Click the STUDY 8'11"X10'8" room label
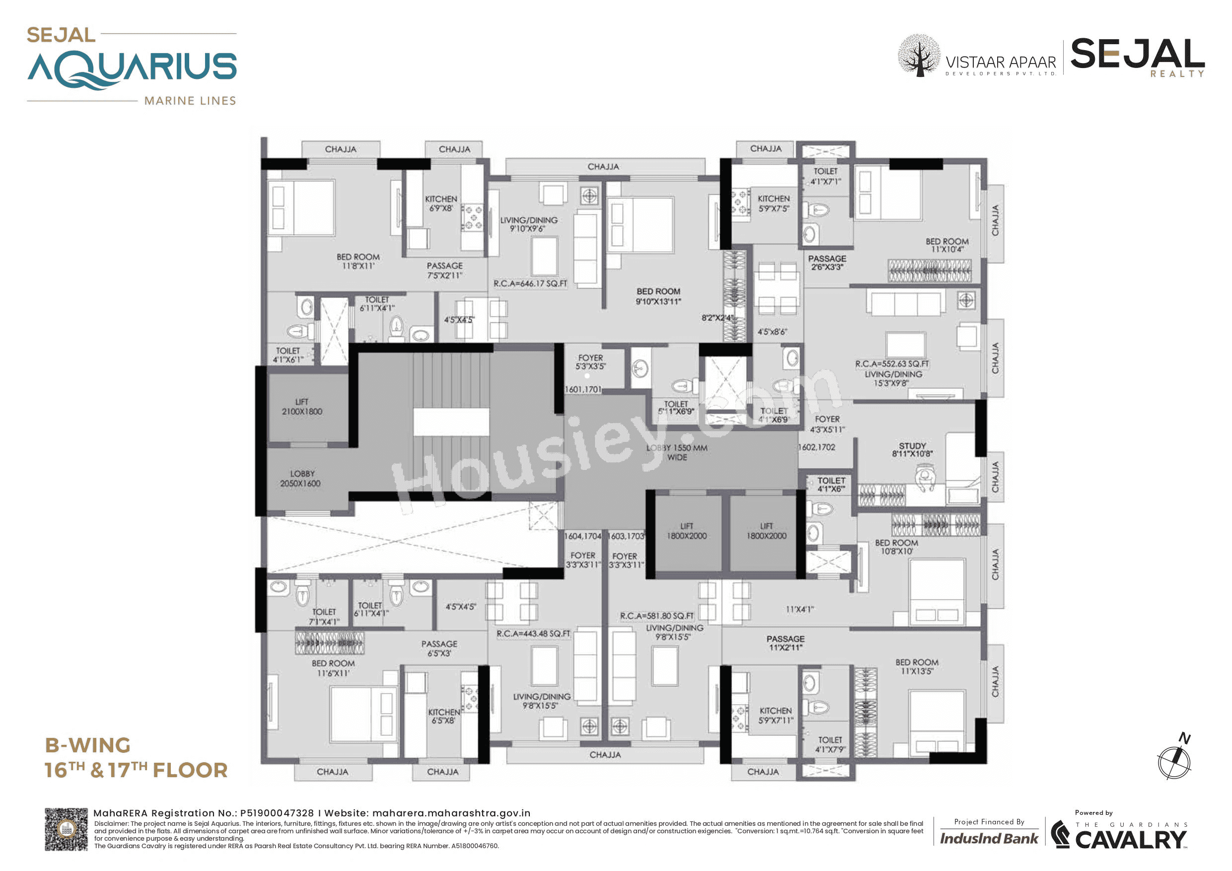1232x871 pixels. click(912, 450)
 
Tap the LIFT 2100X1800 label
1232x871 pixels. click(301, 407)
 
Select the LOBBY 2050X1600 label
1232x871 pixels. click(301, 479)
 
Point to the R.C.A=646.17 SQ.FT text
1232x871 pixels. click(530, 284)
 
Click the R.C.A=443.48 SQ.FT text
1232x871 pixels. click(533, 634)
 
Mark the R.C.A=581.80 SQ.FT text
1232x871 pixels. click(656, 616)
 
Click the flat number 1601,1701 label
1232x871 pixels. click(583, 389)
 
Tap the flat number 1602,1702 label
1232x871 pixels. click(816, 447)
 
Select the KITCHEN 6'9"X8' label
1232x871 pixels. click(441, 204)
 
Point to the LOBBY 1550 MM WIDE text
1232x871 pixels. click(677, 452)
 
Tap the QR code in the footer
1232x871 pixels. click(66, 829)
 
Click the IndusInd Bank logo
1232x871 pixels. click(988, 838)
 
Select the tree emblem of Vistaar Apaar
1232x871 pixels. click(919, 56)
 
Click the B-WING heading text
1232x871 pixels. click(87, 745)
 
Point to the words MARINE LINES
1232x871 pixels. click(190, 101)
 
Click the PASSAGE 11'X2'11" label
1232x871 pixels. click(785, 643)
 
